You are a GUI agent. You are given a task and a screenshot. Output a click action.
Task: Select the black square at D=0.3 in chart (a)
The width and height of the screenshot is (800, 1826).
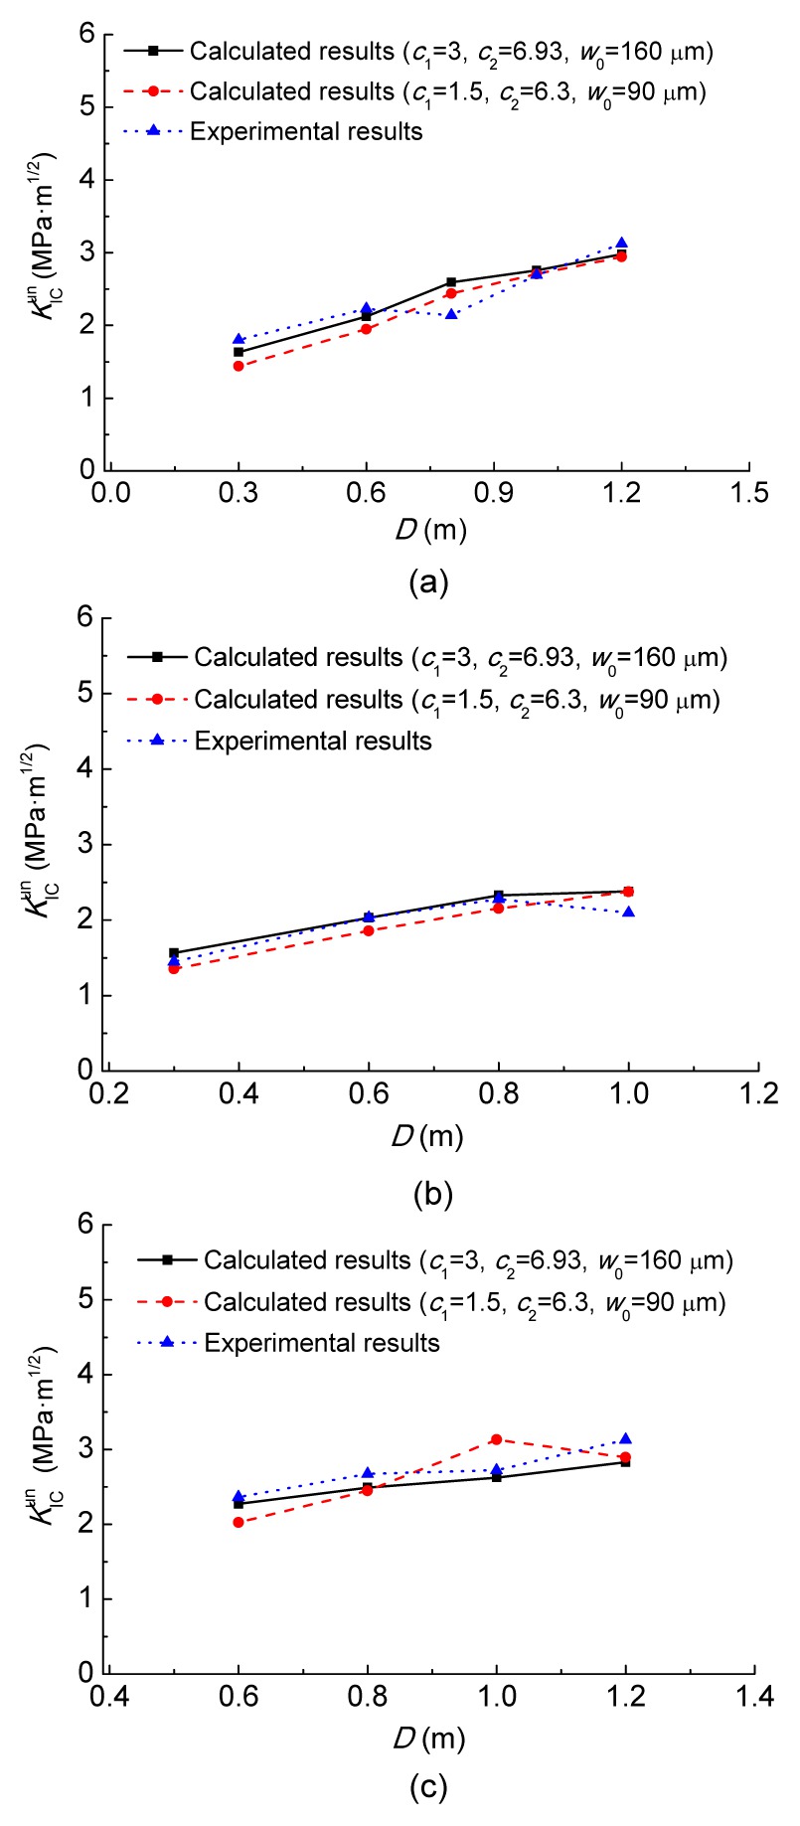(x=239, y=352)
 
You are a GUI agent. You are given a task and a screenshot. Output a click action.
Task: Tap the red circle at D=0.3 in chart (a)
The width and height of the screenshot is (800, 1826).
(x=239, y=366)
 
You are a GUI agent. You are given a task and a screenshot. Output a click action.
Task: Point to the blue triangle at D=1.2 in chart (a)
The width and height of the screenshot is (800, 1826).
(x=622, y=243)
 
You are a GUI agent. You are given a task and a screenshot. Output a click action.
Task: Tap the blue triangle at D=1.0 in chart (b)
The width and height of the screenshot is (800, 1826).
(x=628, y=911)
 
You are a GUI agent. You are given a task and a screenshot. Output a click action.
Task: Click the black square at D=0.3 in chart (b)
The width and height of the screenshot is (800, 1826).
(x=174, y=952)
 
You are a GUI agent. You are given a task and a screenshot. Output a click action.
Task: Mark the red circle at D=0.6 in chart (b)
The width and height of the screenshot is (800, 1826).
(x=368, y=930)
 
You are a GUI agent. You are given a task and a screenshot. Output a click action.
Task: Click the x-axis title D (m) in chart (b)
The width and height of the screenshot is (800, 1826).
(x=428, y=1135)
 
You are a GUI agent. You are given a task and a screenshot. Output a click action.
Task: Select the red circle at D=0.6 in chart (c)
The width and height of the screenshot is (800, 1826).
(x=239, y=1522)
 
